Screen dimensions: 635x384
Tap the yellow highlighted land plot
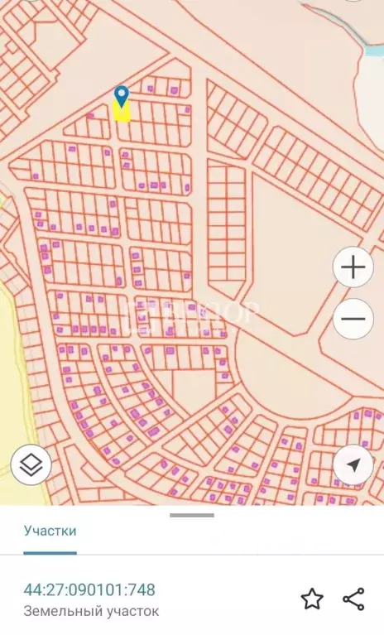coord(122,113)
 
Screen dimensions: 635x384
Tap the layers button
coord(31,465)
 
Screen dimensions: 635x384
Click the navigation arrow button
coord(353,465)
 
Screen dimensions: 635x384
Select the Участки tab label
coord(50,531)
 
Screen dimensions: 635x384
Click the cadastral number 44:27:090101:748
coord(89,590)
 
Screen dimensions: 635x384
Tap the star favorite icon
coord(312,599)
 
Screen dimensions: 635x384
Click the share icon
coord(353,599)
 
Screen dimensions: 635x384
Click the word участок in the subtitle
coord(130,612)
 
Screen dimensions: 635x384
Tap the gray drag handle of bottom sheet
coord(192,515)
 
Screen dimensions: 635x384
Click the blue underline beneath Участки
coord(50,552)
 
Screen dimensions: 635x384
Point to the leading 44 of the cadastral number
coord(31,590)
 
